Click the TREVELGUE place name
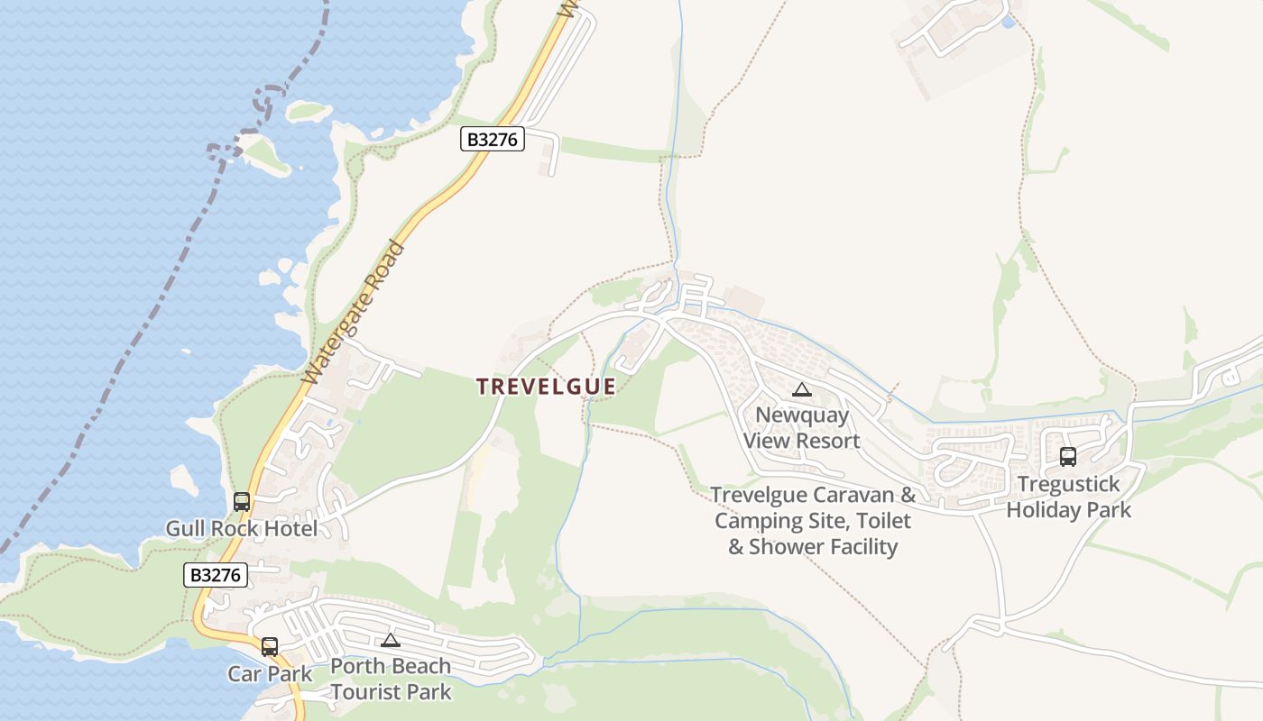pos(546,387)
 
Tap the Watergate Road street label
pos(353,313)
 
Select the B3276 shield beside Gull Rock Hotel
pos(216,575)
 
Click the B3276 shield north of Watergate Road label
pos(492,139)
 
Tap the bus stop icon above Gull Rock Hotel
pos(242,502)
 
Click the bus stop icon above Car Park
pos(270,646)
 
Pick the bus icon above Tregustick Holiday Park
pos(1068,457)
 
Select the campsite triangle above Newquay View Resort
pos(801,389)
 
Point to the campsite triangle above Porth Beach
pos(390,640)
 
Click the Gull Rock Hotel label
pos(241,529)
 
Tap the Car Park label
pos(270,673)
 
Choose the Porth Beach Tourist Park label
pos(390,679)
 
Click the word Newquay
pos(802,415)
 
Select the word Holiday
pos(1043,510)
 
